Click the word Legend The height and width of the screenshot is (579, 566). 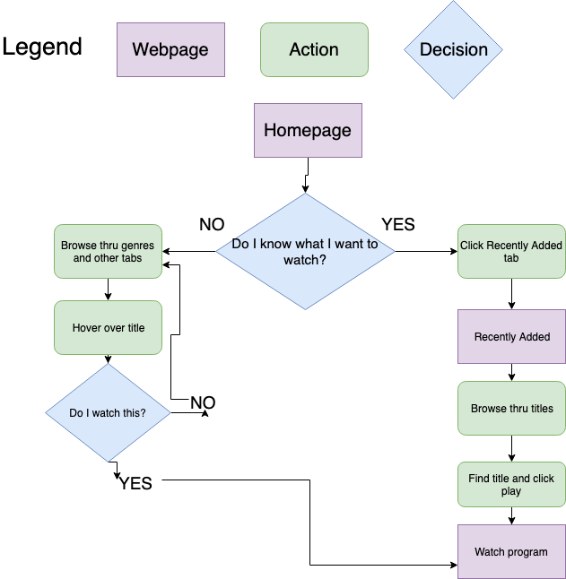(x=42, y=47)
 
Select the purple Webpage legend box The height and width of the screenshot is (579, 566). (x=170, y=49)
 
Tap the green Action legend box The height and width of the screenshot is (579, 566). (x=314, y=49)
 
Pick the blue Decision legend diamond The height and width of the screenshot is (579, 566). (x=454, y=49)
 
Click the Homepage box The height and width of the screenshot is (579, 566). (x=308, y=130)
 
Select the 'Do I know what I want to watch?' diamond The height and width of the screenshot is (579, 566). (x=305, y=251)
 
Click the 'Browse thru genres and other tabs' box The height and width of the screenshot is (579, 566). (x=108, y=251)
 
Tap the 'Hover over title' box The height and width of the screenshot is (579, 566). (x=108, y=328)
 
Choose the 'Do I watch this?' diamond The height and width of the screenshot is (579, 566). (x=108, y=413)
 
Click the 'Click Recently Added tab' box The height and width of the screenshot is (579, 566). (x=511, y=251)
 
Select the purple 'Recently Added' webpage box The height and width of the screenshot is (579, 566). (x=511, y=337)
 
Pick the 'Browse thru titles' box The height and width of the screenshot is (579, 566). (x=511, y=409)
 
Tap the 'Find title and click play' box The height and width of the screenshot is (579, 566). (x=511, y=484)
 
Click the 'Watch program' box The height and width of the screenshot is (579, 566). (x=511, y=551)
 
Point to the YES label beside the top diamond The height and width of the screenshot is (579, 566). (x=398, y=224)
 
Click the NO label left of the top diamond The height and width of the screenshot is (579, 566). (x=212, y=224)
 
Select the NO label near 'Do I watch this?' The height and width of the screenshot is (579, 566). (x=203, y=402)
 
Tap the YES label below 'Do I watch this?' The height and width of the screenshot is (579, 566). (x=135, y=483)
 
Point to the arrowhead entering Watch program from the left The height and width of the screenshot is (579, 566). (x=452, y=565)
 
